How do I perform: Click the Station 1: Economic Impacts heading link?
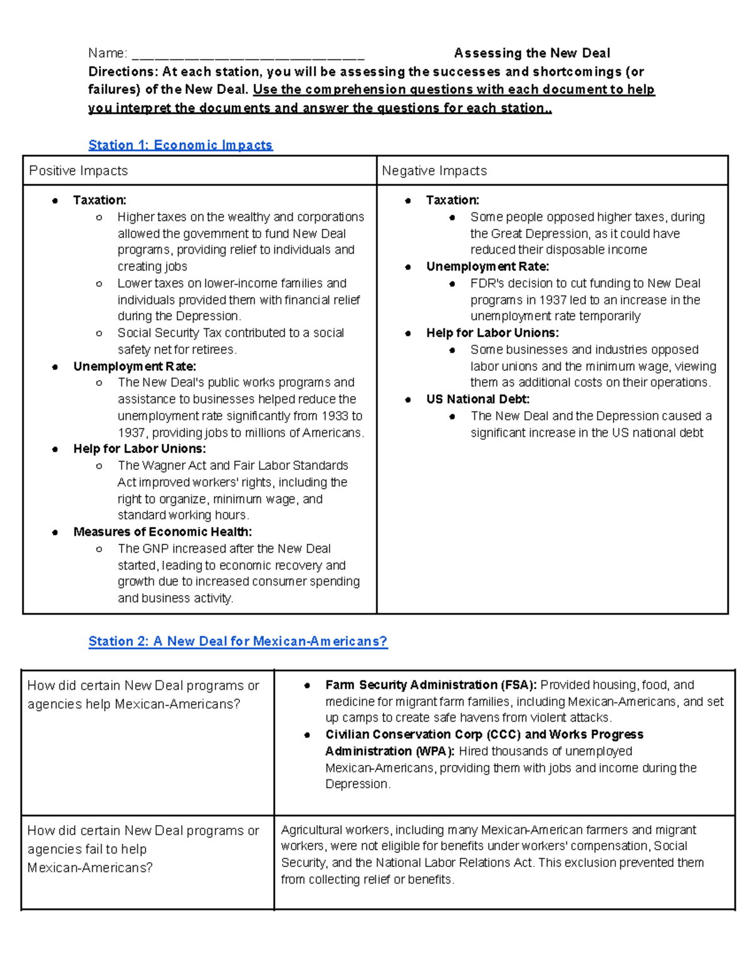[180, 145]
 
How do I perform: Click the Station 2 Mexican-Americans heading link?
[238, 642]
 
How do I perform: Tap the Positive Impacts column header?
[78, 171]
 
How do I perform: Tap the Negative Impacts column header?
[434, 171]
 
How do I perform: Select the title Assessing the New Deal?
[532, 53]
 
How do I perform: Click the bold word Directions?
[122, 71]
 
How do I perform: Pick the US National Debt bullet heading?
[478, 399]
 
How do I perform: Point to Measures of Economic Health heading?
[162, 532]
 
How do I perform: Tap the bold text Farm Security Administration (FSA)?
[431, 685]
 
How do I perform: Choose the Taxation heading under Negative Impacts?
[452, 200]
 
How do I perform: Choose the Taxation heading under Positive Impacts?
[100, 200]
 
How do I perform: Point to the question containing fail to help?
[143, 849]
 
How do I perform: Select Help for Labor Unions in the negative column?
[492, 333]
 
